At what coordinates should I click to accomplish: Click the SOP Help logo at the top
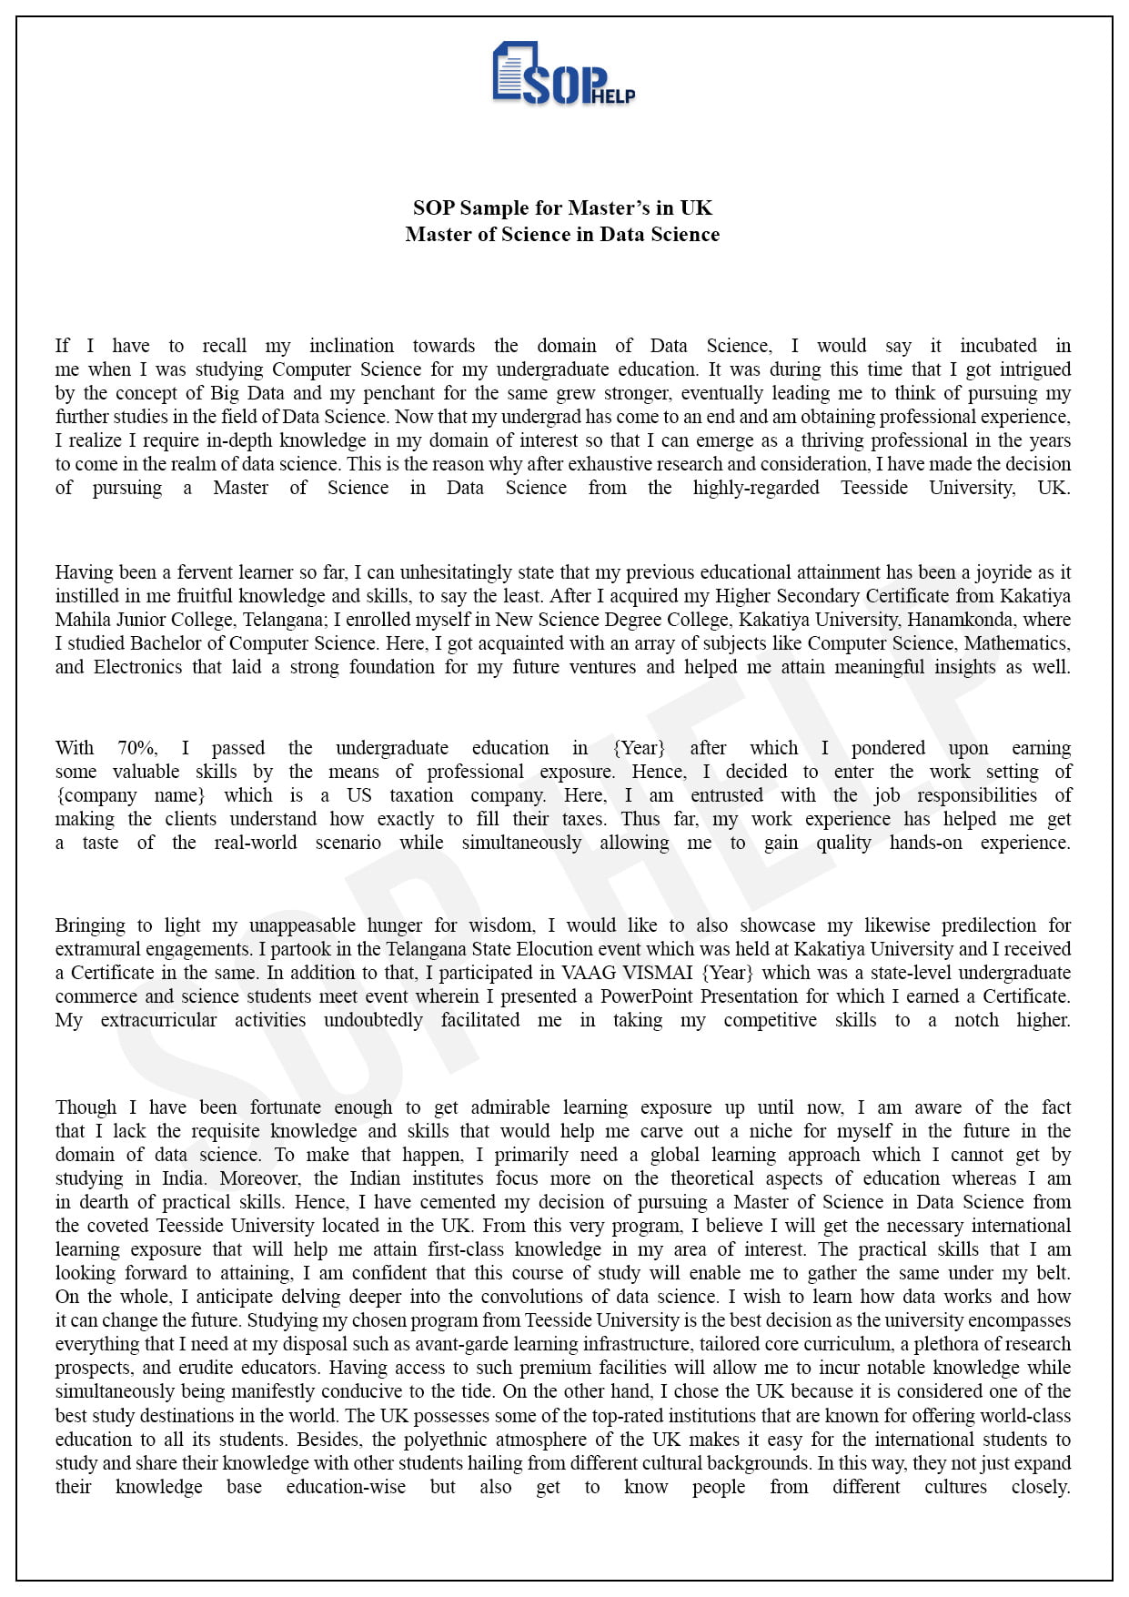pyautogui.click(x=563, y=74)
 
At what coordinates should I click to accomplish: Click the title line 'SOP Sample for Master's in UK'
pyautogui.click(x=562, y=208)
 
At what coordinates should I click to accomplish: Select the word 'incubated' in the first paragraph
pyautogui.click(x=998, y=346)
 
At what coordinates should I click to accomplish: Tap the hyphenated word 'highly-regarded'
pyautogui.click(x=755, y=488)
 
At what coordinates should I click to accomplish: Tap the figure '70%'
pyautogui.click(x=136, y=748)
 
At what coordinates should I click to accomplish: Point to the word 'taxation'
pyautogui.click(x=421, y=795)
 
